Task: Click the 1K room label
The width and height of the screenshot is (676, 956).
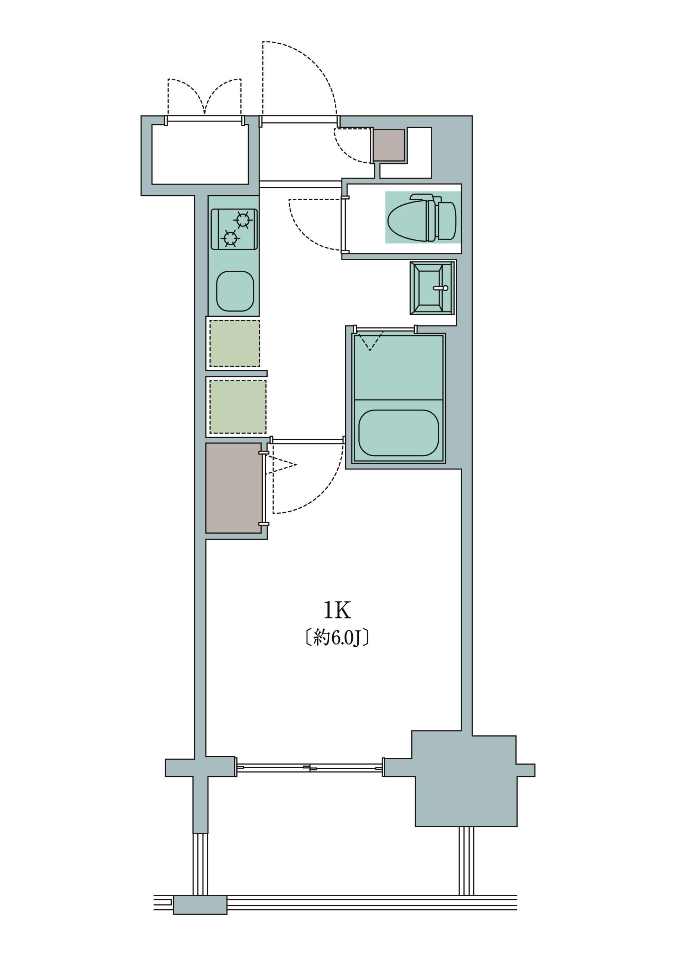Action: tap(337, 611)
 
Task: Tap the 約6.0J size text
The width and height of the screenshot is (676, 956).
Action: tap(337, 638)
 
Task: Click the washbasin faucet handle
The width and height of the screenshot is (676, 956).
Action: tap(441, 288)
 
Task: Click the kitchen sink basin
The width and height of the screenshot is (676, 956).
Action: tap(235, 291)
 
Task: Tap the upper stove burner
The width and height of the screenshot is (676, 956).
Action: tap(243, 220)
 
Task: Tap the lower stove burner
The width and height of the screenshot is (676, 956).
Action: tap(230, 238)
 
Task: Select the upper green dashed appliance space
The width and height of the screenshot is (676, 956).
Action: tap(235, 344)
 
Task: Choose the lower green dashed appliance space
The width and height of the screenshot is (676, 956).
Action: tap(238, 407)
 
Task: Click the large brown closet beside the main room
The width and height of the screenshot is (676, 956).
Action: tap(234, 488)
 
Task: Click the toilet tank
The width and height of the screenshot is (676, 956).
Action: tap(447, 221)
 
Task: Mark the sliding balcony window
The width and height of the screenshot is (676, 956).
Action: tap(310, 767)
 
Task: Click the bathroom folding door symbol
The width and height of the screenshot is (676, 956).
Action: tap(370, 341)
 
